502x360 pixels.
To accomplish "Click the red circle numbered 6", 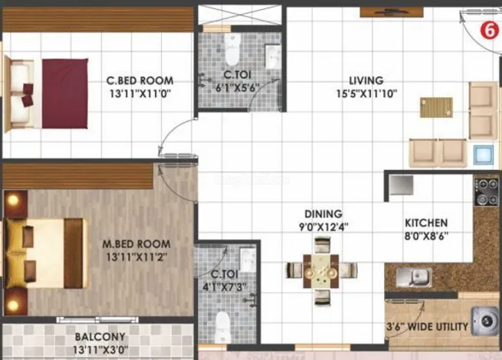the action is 490,31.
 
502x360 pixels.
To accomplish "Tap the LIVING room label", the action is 366,80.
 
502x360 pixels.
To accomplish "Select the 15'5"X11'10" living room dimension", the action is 366,93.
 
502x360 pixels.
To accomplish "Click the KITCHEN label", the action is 426,223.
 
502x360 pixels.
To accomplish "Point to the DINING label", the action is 323,214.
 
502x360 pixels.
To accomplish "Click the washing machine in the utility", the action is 486,321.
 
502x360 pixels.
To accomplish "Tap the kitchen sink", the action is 414,277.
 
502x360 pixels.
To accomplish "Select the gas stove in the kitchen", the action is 487,191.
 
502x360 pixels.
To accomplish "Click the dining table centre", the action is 321,270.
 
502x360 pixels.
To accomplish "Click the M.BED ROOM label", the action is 136,244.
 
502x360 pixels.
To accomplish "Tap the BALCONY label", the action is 100,337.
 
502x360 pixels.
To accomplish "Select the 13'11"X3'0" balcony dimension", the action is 101,350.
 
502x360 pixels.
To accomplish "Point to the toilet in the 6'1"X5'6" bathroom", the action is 232,49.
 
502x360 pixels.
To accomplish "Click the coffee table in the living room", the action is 436,107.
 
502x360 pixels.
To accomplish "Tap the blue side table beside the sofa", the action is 484,155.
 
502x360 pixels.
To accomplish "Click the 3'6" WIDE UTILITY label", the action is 428,327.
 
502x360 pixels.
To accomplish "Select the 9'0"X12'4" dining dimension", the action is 323,227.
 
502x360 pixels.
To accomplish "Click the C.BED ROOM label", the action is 140,80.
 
